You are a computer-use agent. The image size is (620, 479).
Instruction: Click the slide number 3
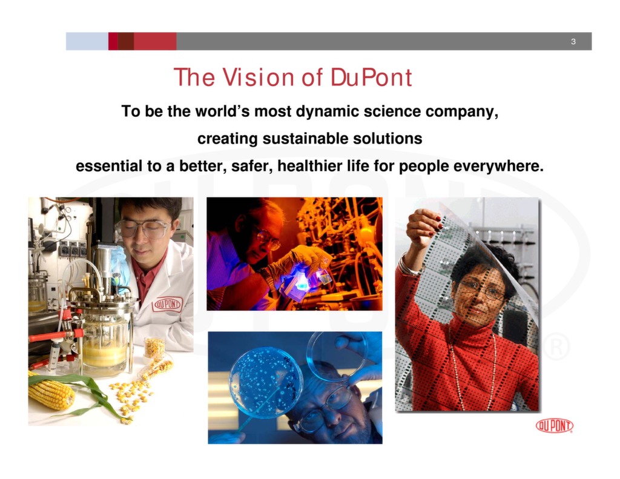pos(573,42)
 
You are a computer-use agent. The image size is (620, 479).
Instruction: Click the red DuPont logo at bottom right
pos(554,426)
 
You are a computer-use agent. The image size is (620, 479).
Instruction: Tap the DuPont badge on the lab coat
pos(167,303)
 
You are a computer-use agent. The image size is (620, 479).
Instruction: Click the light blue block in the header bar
pos(87,42)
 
